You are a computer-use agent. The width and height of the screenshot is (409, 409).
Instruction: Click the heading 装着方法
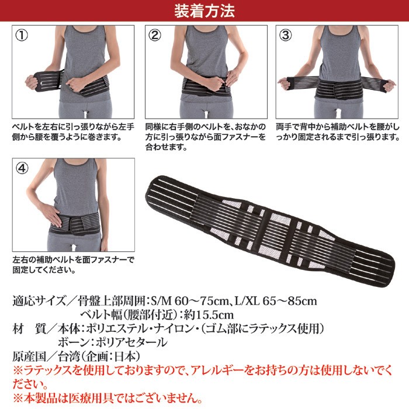204,10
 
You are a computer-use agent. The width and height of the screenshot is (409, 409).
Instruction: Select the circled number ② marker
155,35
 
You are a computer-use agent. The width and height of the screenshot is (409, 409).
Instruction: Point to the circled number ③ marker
286,35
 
